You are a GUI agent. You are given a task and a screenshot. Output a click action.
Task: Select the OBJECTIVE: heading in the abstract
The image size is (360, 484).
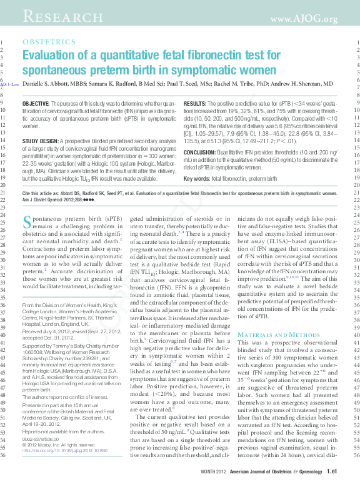41,102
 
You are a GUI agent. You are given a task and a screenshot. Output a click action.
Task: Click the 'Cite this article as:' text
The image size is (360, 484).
43,194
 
